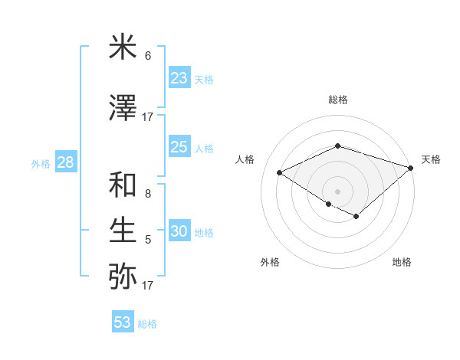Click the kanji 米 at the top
(123, 47)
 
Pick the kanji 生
(123, 229)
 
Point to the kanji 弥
(123, 275)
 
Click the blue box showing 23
(179, 78)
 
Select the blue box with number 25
(179, 148)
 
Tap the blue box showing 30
(179, 232)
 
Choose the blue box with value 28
(64, 162)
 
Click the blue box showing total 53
(122, 322)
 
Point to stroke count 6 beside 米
(148, 56)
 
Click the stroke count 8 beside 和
(148, 194)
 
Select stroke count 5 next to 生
(148, 240)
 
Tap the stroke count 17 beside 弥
(148, 286)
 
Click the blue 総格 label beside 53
(147, 324)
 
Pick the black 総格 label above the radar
(337, 100)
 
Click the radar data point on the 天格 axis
(411, 168)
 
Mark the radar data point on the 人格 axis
(280, 173)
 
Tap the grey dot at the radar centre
(337, 191)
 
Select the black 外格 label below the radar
(270, 262)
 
